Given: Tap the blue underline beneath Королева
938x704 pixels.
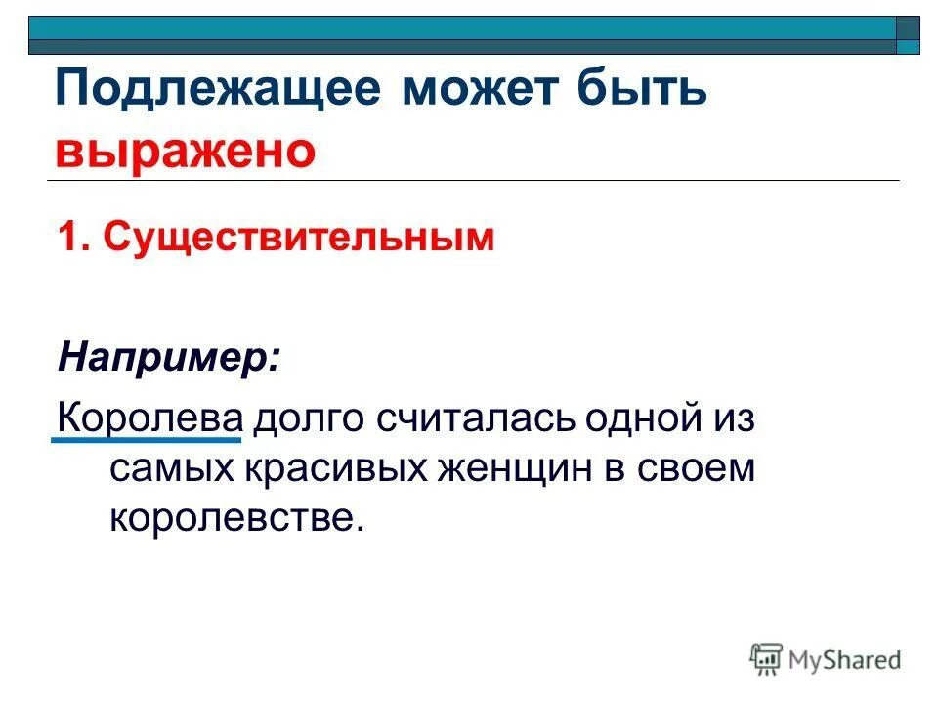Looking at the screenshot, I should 145,442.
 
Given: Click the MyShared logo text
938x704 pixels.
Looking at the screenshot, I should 845,660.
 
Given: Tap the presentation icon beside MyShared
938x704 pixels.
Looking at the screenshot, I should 767,659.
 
